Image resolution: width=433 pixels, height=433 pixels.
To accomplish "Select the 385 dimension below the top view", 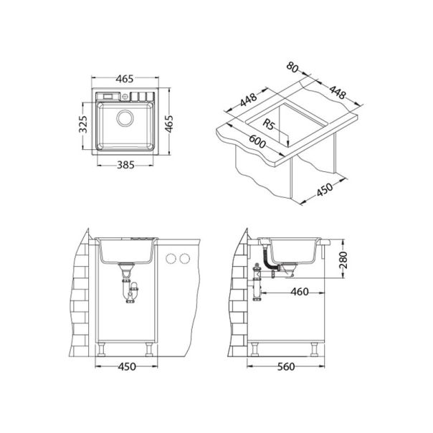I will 126,163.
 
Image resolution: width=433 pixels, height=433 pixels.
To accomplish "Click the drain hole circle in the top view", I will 125,118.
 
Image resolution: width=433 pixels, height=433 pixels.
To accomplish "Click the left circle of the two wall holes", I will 171,258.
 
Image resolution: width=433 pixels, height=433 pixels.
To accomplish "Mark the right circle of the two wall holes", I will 185,258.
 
